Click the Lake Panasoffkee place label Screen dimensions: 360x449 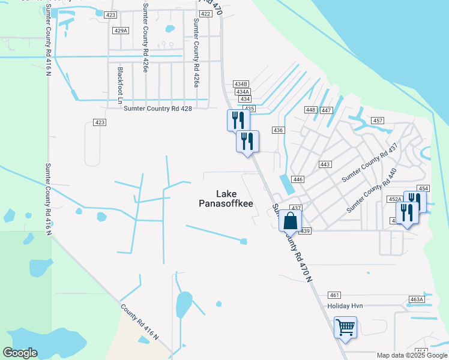[226, 199]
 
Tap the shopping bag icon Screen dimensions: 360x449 [290, 221]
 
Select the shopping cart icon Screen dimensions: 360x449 [345, 328]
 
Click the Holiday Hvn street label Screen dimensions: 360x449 [345, 306]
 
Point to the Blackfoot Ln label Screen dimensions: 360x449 [120, 83]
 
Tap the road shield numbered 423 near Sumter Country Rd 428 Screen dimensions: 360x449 [100, 122]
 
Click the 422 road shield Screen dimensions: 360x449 [205, 14]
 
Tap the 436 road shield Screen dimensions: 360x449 [277, 130]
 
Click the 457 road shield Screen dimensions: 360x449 [378, 121]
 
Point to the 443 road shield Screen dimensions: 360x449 [325, 164]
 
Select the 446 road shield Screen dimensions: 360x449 [298, 179]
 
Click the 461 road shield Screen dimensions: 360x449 [335, 295]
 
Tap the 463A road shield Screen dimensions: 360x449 [417, 299]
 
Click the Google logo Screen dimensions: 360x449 [20, 353]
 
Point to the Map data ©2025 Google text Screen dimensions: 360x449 [412, 355]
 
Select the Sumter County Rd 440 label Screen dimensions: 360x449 [372, 190]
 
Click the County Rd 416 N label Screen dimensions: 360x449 [139, 322]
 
